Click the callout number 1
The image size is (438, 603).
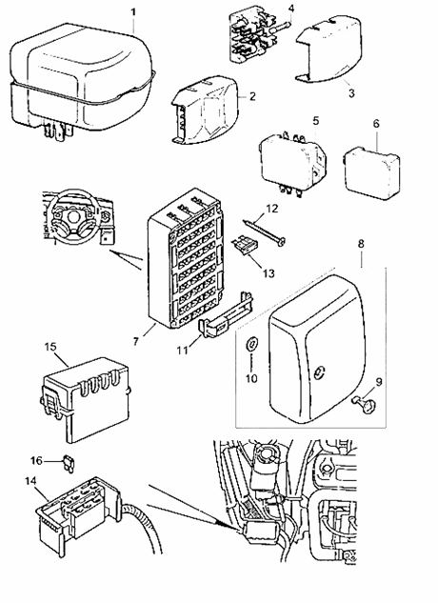coord(133,12)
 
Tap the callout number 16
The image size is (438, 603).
coord(36,460)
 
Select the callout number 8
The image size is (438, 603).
coord(361,244)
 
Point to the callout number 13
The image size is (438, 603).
coord(269,273)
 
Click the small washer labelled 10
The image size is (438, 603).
coord(251,344)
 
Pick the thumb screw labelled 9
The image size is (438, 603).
coord(366,404)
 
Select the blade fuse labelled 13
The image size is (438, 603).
coord(245,246)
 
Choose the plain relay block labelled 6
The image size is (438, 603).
coord(372,172)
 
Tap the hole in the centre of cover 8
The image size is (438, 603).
coord(319,372)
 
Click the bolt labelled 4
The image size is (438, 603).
coord(283,27)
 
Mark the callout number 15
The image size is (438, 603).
coord(50,347)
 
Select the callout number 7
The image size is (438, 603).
coord(135,341)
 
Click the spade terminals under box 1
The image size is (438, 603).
coord(58,131)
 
